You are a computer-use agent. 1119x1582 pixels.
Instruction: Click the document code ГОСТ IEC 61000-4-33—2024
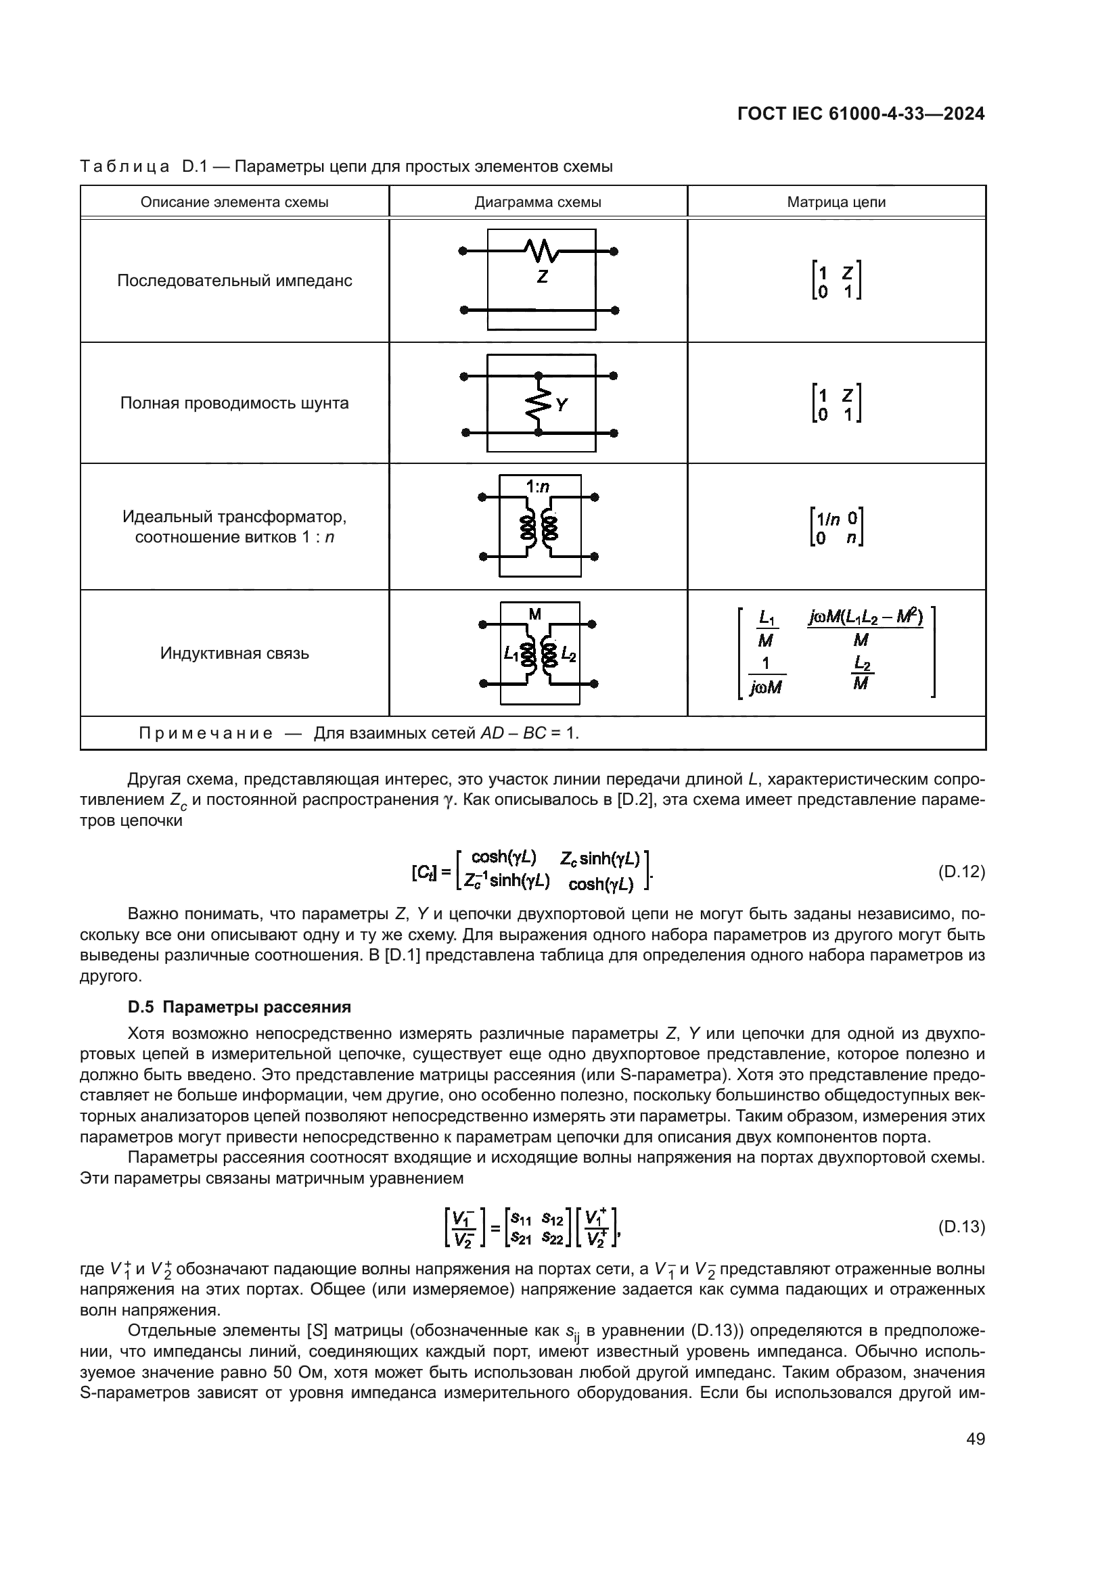(x=860, y=114)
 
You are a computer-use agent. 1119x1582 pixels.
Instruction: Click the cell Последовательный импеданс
(x=234, y=281)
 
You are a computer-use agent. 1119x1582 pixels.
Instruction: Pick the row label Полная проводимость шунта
(x=234, y=403)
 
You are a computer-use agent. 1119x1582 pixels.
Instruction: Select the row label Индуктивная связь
(x=234, y=653)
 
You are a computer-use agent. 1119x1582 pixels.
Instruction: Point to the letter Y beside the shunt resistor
(x=562, y=405)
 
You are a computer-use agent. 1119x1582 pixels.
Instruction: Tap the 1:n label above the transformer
(x=537, y=487)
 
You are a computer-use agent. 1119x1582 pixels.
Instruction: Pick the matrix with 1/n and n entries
(x=836, y=527)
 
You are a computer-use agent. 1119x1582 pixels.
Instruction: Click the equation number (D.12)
(x=961, y=872)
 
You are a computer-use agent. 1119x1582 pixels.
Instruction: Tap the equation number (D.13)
(x=961, y=1226)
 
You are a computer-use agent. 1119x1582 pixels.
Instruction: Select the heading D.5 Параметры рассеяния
(x=239, y=1006)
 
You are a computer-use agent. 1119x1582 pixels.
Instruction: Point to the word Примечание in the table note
(x=206, y=733)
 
